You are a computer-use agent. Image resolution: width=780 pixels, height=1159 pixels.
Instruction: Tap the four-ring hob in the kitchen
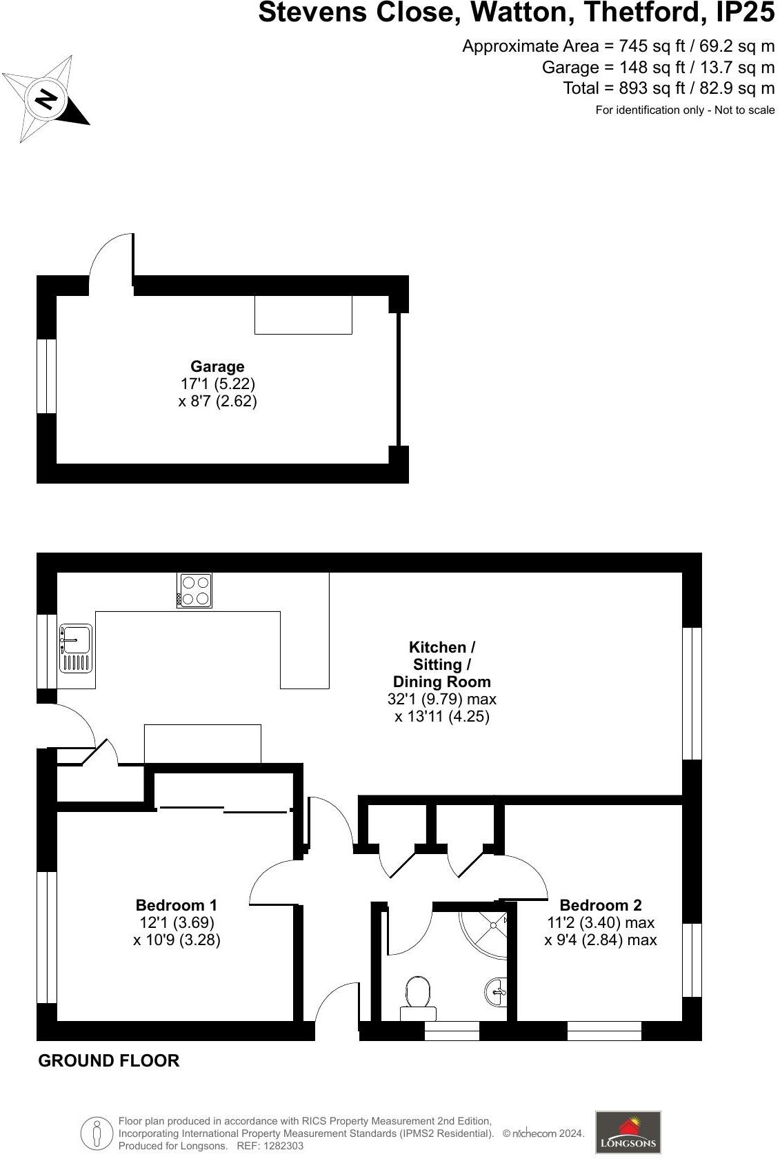click(x=194, y=591)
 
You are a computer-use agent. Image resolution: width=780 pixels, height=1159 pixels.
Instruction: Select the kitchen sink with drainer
click(x=75, y=648)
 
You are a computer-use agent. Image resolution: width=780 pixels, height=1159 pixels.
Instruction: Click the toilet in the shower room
click(x=419, y=995)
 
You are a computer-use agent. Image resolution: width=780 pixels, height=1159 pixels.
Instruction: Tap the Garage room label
click(x=217, y=366)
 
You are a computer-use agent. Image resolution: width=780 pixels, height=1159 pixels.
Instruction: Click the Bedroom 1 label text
click(x=177, y=905)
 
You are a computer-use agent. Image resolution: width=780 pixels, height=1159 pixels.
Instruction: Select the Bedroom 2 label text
click(x=600, y=905)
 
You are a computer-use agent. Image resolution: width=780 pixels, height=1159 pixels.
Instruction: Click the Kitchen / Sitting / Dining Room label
click(x=441, y=664)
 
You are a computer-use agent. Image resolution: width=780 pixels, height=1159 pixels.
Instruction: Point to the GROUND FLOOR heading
click(x=109, y=1061)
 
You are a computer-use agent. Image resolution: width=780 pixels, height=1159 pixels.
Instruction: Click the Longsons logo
click(x=628, y=1132)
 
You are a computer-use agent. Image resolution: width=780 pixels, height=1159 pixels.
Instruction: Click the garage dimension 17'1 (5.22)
click(x=217, y=384)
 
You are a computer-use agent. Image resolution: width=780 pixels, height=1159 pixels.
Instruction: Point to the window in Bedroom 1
click(x=46, y=938)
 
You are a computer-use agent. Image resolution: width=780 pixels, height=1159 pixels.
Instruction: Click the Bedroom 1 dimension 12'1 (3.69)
click(x=177, y=922)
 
